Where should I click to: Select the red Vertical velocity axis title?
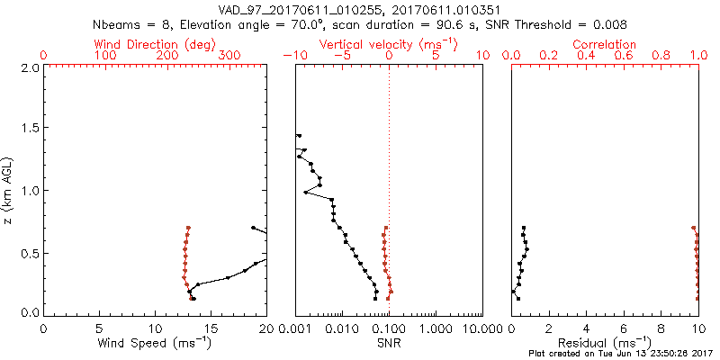[x=388, y=44]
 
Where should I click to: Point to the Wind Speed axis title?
[x=155, y=343]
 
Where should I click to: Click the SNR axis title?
[x=388, y=343]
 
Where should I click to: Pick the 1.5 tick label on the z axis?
[x=30, y=129]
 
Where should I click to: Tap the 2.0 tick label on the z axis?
[x=30, y=67]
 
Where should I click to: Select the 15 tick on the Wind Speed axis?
[x=211, y=328]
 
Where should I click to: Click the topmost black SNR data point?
[x=298, y=136]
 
